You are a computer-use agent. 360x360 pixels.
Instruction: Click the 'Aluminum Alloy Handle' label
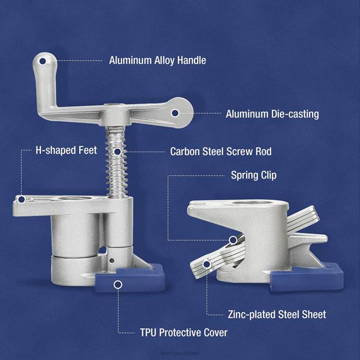tap(157, 60)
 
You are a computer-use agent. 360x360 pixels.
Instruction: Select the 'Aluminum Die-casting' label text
tap(272, 113)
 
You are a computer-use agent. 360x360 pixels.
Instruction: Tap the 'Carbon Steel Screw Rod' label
tap(221, 152)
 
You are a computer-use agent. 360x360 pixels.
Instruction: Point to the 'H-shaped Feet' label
tap(66, 150)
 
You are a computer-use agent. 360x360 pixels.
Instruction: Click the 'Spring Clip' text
tap(253, 175)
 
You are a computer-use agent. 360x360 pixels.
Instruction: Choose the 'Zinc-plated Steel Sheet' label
tap(277, 314)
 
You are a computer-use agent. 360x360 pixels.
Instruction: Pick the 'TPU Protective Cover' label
tap(183, 332)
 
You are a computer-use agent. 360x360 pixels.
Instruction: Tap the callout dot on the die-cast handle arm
tap(176, 112)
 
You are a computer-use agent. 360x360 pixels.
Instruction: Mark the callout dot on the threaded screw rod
tap(119, 152)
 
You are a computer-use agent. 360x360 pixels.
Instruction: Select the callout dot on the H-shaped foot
tap(21, 199)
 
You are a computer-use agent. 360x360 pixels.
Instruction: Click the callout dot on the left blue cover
tap(119, 285)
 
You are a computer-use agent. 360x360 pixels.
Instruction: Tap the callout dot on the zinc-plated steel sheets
tap(207, 264)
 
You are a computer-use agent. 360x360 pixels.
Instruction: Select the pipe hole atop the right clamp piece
tap(242, 204)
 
